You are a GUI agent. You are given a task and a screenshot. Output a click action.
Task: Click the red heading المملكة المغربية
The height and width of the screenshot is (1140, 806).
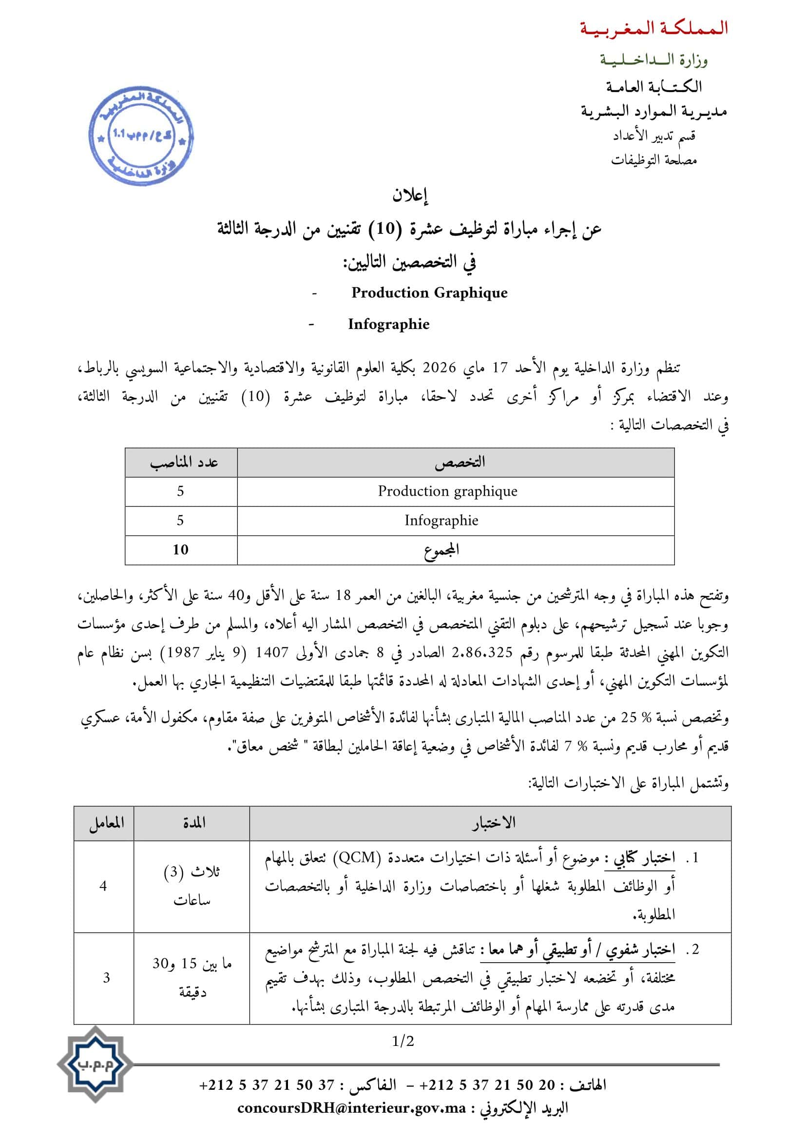[653, 29]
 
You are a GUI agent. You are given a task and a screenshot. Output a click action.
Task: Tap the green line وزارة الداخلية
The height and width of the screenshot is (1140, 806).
[653, 60]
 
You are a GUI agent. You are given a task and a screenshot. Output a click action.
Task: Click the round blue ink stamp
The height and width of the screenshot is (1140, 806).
[140, 136]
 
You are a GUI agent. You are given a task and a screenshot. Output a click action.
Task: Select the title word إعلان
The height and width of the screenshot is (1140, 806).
[410, 196]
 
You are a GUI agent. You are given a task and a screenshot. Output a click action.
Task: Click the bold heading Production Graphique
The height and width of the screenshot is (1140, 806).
[429, 293]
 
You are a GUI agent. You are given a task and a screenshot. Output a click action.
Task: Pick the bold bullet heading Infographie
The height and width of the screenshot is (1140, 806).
[388, 324]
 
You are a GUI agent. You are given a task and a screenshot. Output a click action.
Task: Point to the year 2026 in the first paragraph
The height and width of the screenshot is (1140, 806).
[439, 368]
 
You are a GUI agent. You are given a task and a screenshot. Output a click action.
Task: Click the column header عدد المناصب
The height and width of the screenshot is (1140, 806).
[184, 463]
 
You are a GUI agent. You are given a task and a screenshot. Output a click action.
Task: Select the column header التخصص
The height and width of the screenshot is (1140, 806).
[460, 463]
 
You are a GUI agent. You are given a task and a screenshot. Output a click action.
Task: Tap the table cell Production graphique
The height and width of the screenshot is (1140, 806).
[448, 492]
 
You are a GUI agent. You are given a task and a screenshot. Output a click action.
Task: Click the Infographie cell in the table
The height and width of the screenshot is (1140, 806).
[441, 521]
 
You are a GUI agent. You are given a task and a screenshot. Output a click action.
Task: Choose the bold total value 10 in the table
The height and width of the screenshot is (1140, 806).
[181, 550]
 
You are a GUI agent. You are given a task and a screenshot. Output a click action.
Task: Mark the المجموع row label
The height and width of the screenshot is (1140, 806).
[441, 550]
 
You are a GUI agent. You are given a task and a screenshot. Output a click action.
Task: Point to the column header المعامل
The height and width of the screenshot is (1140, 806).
[106, 824]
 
